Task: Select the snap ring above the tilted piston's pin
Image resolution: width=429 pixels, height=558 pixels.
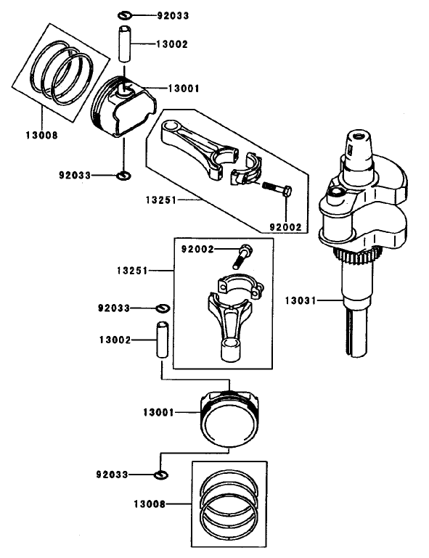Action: coord(123,15)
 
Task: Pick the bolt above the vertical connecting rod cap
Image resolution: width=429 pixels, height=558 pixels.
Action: coord(242,255)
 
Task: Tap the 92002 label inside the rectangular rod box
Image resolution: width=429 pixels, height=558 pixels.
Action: coord(197,249)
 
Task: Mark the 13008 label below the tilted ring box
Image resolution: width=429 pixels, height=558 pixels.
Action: coord(41,135)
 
